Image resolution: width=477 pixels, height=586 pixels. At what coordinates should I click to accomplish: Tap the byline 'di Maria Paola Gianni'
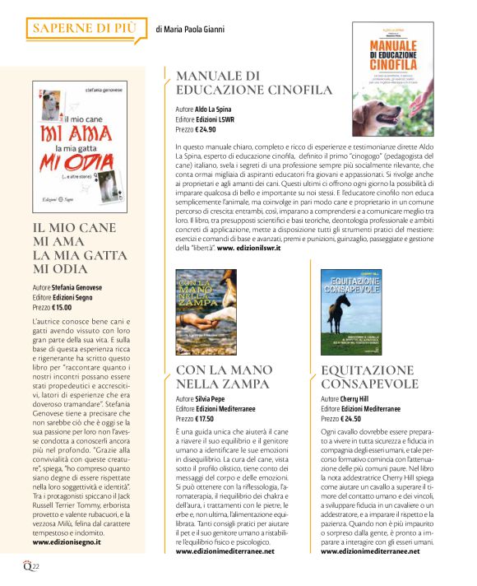(189, 30)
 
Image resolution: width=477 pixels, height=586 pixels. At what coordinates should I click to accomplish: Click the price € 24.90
(206, 129)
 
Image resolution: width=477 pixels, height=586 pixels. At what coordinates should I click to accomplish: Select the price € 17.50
(207, 419)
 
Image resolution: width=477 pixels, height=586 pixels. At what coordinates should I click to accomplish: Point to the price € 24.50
(352, 419)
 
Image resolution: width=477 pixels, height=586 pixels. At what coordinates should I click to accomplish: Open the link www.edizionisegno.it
(72, 542)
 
